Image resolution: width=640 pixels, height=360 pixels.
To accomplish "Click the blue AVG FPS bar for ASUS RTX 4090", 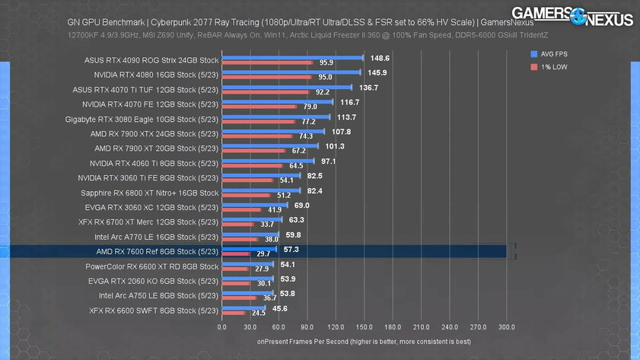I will click(292, 57).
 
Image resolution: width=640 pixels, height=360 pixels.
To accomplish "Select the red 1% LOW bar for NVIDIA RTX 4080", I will click(266, 77).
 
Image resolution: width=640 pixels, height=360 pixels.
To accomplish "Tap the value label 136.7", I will click(368, 88).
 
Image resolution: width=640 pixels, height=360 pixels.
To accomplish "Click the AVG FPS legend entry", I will click(548, 54).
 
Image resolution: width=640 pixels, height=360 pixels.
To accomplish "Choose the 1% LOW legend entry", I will click(548, 67).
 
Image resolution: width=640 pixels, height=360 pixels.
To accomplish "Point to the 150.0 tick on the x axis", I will click(364, 327).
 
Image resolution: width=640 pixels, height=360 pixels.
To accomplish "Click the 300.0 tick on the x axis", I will click(506, 327).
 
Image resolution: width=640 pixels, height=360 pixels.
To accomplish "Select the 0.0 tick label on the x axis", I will click(221, 327).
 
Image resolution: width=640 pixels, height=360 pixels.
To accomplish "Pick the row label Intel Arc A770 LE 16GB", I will click(152, 237).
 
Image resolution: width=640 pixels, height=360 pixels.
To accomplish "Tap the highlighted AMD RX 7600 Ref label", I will click(157, 251).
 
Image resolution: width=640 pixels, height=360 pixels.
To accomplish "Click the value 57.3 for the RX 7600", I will click(291, 250).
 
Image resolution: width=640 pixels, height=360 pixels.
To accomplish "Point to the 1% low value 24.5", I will click(258, 313).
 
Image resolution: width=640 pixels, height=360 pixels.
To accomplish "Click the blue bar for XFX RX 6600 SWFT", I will click(243, 307).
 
